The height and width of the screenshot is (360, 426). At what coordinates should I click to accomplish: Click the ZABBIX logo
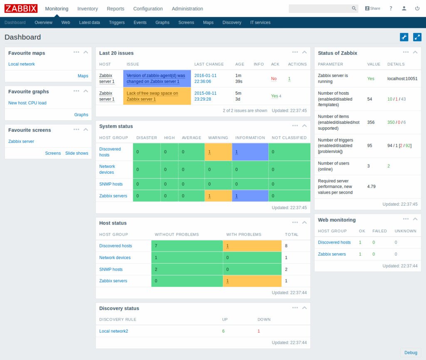coord(21,8)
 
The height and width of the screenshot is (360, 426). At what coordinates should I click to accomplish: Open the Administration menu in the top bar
coord(187,9)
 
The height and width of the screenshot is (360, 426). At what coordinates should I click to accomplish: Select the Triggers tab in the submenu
coord(116,22)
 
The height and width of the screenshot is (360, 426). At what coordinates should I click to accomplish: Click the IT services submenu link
coord(260,22)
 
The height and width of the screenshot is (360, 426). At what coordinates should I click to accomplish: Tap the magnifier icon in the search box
coord(354,8)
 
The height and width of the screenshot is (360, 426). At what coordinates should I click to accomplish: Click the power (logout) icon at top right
coord(417,8)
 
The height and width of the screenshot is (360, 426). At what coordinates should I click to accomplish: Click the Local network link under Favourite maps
coord(22,64)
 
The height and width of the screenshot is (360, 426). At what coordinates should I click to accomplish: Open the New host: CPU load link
coord(27,103)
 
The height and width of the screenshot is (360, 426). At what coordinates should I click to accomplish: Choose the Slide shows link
coord(77,153)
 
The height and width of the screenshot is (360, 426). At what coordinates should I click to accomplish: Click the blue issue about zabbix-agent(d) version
coord(156,79)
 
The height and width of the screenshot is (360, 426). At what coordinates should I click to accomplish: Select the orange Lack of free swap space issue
coord(152,96)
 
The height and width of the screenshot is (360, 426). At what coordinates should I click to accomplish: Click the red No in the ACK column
coord(274,79)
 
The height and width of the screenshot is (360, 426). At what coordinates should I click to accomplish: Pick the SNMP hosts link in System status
coord(111,184)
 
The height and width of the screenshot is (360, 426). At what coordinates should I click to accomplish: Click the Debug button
coord(411,353)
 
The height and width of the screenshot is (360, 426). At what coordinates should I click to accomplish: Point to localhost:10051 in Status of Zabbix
coord(402,79)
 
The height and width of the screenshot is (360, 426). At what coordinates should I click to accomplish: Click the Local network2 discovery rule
coord(114,331)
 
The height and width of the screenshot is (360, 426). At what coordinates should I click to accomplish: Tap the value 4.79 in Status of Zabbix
coord(372,187)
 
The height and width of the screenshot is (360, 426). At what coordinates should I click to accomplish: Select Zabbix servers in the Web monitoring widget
coord(332,254)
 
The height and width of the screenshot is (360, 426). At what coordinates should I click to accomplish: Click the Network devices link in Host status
coord(115,258)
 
